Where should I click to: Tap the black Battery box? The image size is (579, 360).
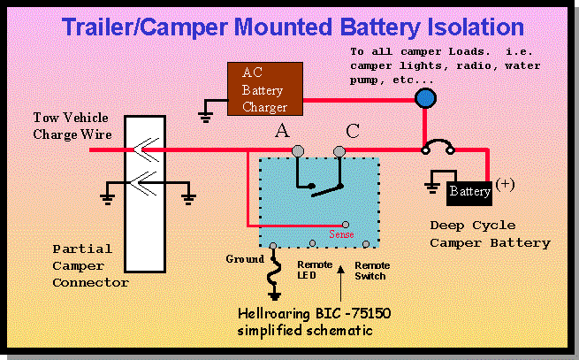(x=469, y=190)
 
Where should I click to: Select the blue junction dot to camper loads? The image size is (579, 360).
(x=426, y=98)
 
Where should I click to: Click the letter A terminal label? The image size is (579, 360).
(x=283, y=132)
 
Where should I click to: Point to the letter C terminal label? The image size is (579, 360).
(x=353, y=132)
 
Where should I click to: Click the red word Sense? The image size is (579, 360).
(x=341, y=235)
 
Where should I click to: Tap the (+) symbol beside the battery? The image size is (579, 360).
(x=505, y=184)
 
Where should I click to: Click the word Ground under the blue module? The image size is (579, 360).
(x=244, y=259)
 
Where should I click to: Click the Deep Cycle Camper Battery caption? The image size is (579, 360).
(x=490, y=234)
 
